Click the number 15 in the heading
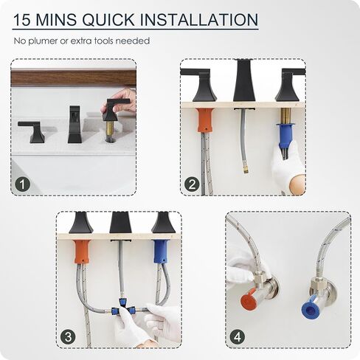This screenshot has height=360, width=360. pyautogui.click(x=22, y=20)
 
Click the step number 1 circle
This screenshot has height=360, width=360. pyautogui.click(x=22, y=184)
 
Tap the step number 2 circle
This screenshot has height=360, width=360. pyautogui.click(x=192, y=184)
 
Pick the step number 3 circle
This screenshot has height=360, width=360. pyautogui.click(x=68, y=336)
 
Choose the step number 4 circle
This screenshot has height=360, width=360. pyautogui.click(x=238, y=336)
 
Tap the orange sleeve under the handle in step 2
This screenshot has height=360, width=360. pyautogui.click(x=204, y=120)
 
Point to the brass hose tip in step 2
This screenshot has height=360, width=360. pyautogui.click(x=245, y=170)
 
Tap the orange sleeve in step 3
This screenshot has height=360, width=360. pyautogui.click(x=81, y=252)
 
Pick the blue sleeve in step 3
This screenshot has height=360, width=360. pyautogui.click(x=161, y=252)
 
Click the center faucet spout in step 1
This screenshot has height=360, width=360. pyautogui.click(x=74, y=124)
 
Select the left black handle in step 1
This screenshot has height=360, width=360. pyautogui.click(x=31, y=131)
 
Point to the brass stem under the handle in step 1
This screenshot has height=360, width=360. pyautogui.click(x=110, y=130)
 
